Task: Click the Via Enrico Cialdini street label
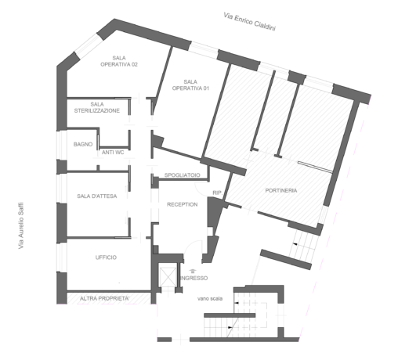pos(249,21)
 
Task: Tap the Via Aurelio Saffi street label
pos(21,225)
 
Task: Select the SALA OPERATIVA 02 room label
pos(119,61)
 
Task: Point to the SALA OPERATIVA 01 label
pos(190,85)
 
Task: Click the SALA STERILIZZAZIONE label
pos(97,107)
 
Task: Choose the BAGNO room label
pos(83,144)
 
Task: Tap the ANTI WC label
pos(113,153)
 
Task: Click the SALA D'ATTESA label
pos(97,196)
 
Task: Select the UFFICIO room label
pos(106,257)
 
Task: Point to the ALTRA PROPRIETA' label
pos(104,298)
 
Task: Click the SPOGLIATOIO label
pos(183,175)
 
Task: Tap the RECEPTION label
pos(183,204)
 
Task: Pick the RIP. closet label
pos(218,193)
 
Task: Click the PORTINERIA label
pos(281,190)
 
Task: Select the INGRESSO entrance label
pos(194,278)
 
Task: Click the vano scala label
pos(210,298)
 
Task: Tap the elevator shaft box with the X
pos(168,276)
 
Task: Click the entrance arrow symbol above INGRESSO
pos(193,271)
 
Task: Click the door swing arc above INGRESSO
pos(190,243)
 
